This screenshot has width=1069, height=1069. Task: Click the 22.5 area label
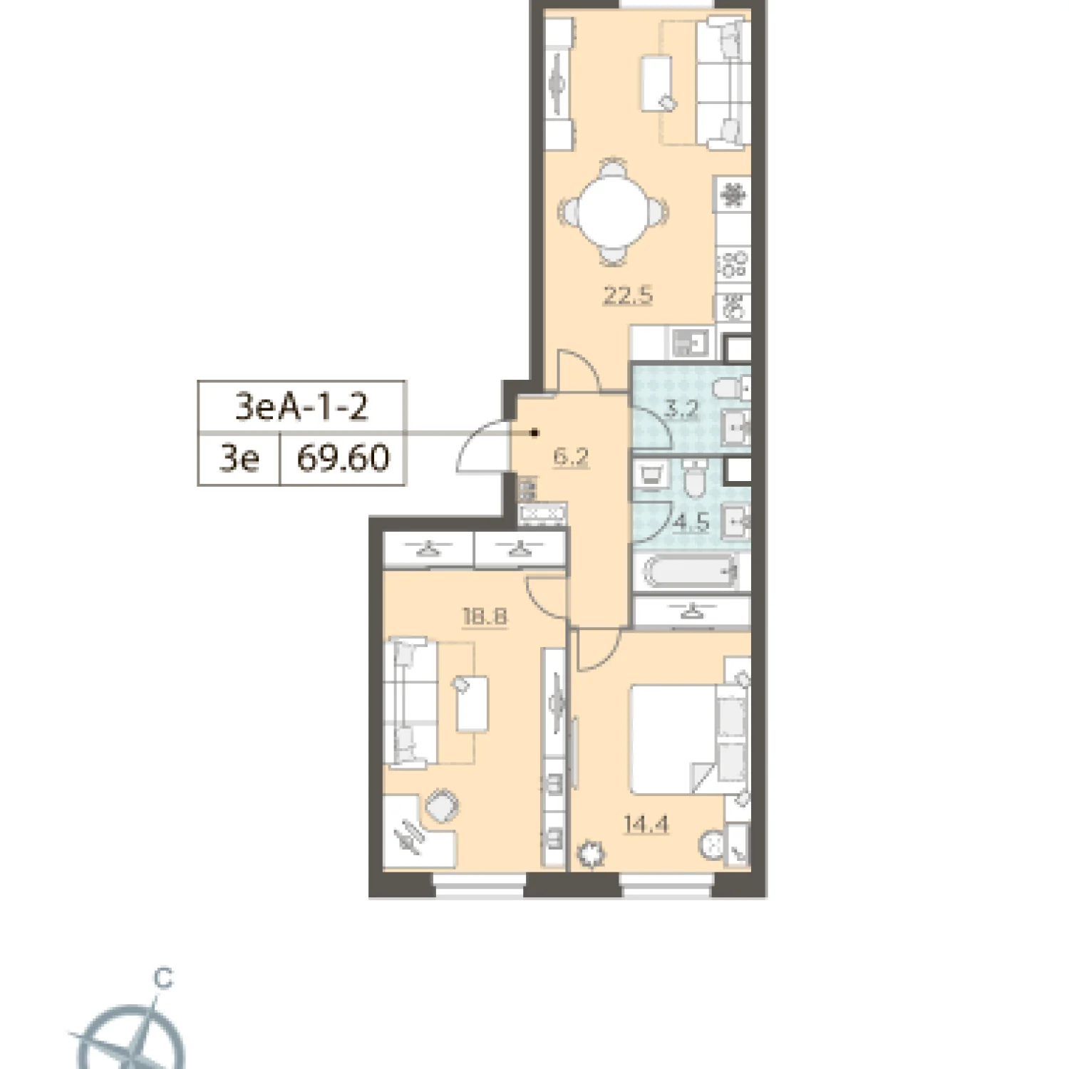[x=628, y=294]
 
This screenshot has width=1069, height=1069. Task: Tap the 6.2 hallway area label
[x=571, y=456]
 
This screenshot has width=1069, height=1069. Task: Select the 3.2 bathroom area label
[x=681, y=409]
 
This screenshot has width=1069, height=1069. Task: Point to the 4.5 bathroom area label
[x=692, y=522]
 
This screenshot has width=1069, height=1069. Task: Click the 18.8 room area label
[x=485, y=616]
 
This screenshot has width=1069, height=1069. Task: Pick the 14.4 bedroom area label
[x=646, y=825]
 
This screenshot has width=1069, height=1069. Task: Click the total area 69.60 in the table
[x=344, y=458]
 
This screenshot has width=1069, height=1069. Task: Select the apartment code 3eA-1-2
[x=301, y=407]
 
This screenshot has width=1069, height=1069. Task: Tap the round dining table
[x=613, y=212]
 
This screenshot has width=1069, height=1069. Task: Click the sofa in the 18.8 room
[x=410, y=703]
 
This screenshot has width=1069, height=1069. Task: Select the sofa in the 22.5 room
[x=723, y=82]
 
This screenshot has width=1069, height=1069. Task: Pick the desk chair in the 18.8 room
[x=442, y=806]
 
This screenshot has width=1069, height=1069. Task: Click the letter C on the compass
[x=164, y=978]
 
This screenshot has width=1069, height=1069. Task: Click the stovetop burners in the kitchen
[x=733, y=264]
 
